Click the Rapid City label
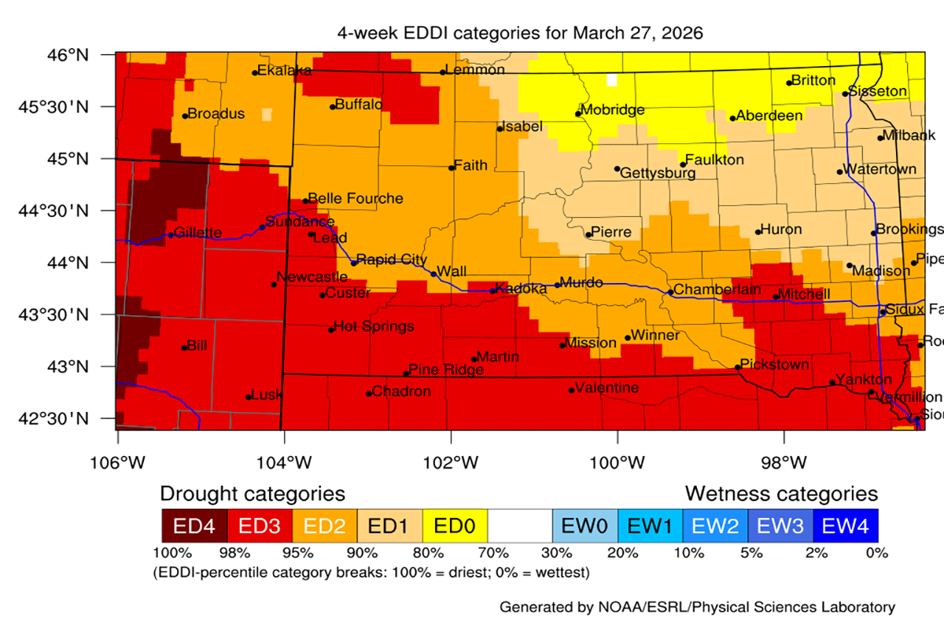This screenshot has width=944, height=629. (x=392, y=259)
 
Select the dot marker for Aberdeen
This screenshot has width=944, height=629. (x=732, y=119)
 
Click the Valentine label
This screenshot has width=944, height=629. (x=607, y=388)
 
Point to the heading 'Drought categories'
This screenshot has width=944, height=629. (x=253, y=494)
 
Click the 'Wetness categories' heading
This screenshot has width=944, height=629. (x=780, y=494)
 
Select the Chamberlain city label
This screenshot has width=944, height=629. (x=717, y=289)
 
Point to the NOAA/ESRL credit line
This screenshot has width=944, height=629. (x=696, y=607)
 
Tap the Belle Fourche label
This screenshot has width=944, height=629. (x=356, y=198)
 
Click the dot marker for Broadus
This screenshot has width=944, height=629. (x=185, y=116)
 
